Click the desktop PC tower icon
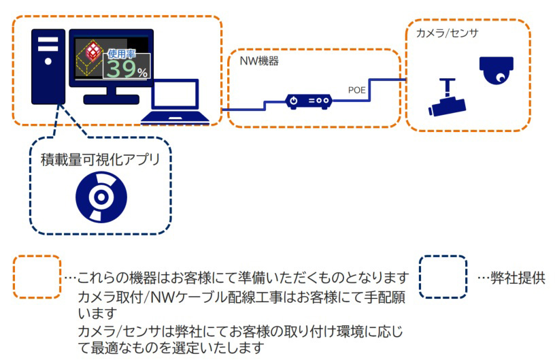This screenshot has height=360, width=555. click(48, 65)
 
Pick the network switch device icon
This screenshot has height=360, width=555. click(308, 101)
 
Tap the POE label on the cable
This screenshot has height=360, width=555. click(358, 89)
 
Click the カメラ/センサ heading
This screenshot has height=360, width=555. click(437, 32)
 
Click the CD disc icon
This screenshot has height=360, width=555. click(101, 197)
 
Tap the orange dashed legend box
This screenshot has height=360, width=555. click(37, 276)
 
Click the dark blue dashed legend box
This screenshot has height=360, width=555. click(443, 276)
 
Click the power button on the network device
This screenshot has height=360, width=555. click(294, 101)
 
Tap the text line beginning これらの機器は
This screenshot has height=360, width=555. click(238, 278)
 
